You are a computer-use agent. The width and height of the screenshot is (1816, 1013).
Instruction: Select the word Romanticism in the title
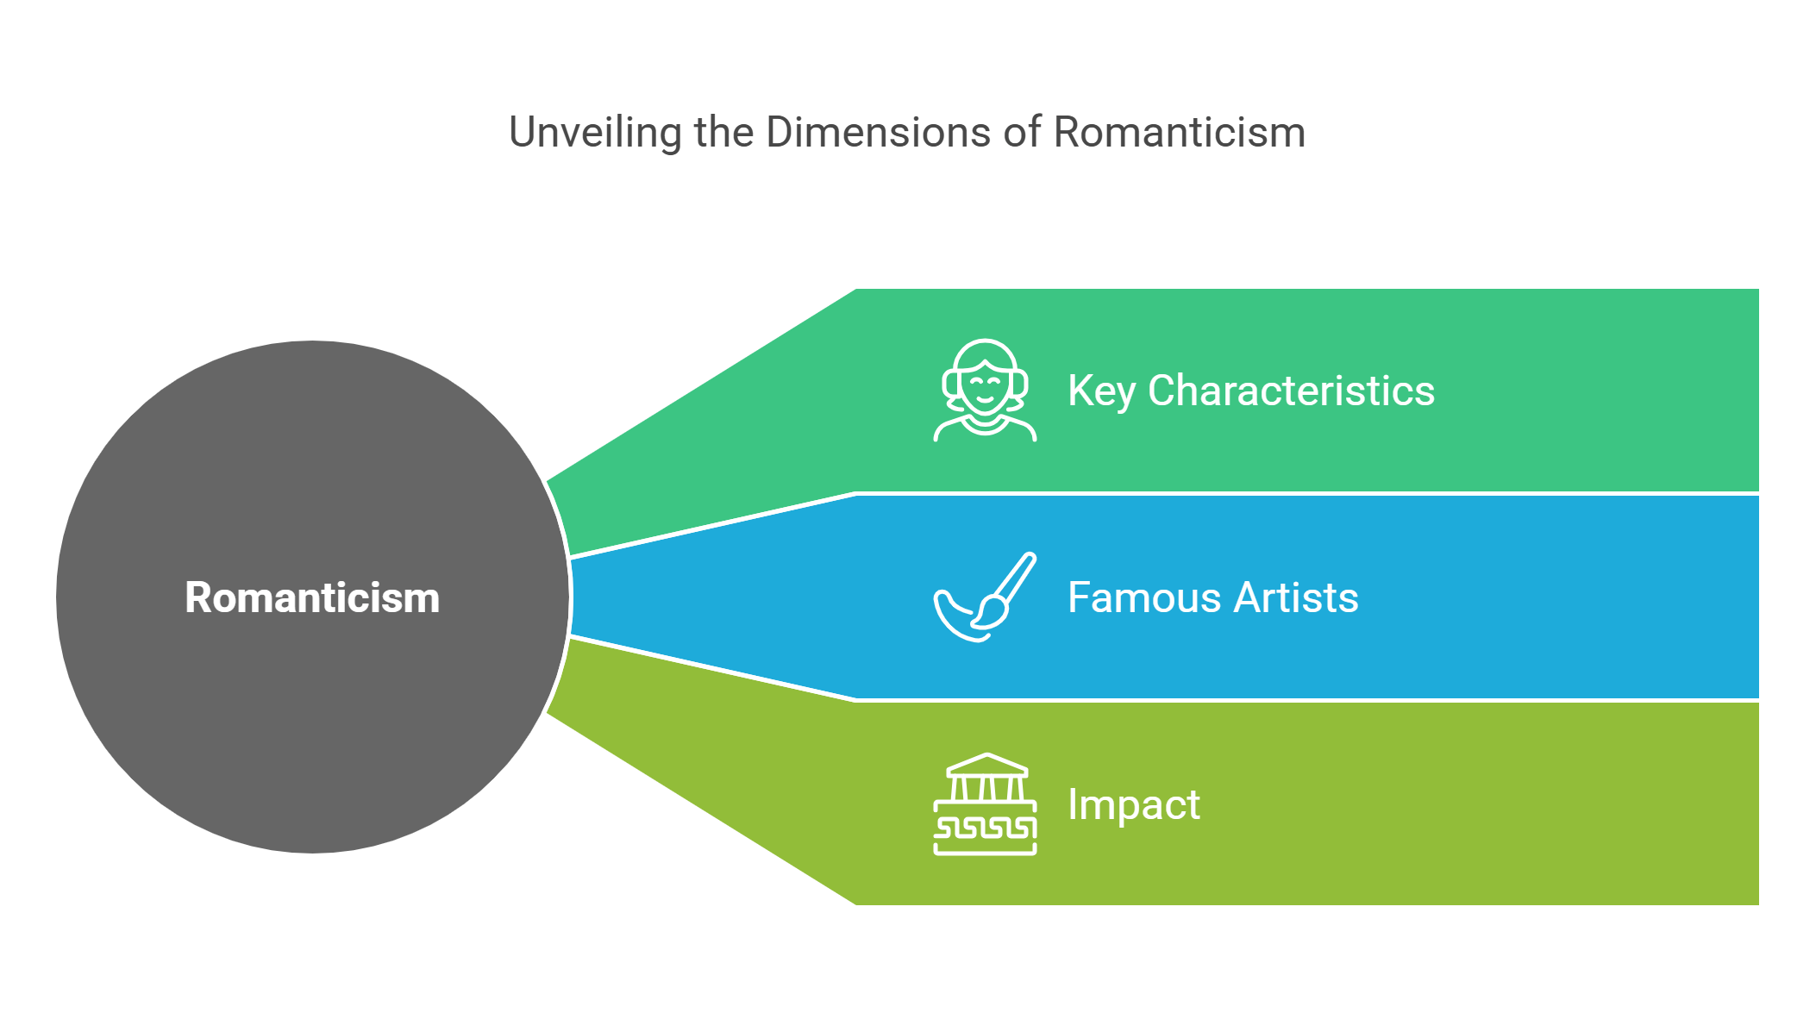point(1179,133)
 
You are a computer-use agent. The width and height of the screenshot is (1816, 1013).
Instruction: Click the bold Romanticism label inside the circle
point(312,597)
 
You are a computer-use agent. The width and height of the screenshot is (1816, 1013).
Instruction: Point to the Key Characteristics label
point(1250,391)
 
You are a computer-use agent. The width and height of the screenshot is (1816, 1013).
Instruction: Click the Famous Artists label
point(1212,597)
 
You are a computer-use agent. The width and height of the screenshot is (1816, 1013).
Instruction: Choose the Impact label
point(1133,804)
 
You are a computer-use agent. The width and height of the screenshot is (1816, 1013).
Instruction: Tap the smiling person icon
point(985,391)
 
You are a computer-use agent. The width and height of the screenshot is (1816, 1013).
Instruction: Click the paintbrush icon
point(985,597)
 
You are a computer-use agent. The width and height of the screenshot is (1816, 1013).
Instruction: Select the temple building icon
point(985,804)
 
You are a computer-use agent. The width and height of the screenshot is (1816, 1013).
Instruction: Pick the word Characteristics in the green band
point(1291,391)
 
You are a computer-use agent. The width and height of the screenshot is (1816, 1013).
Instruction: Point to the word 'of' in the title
point(1022,133)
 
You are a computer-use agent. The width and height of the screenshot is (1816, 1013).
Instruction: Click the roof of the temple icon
point(986,765)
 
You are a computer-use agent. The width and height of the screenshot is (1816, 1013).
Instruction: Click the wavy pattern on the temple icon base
point(985,829)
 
